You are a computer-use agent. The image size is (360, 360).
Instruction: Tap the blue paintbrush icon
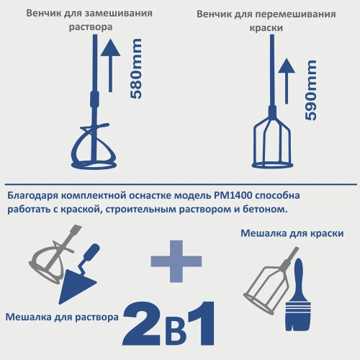pyautogui.click(x=296, y=292)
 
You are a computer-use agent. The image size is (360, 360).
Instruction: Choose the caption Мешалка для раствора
pyautogui.click(x=61, y=316)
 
